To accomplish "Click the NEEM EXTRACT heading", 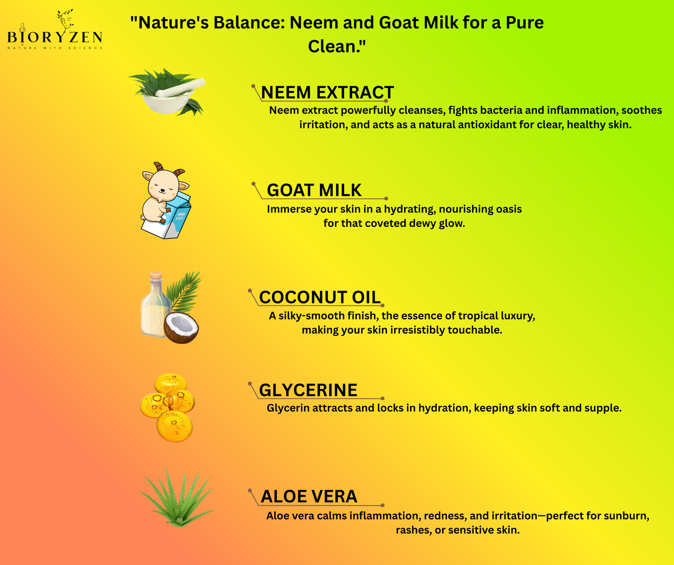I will point(327,92).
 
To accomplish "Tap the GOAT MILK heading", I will point(314,190).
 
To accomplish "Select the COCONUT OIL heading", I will point(320,297).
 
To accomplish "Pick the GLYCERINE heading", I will point(308,390).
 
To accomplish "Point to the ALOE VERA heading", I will point(309,496).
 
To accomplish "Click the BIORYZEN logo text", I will point(55,37).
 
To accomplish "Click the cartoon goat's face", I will point(162,185).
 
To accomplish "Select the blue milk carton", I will point(178,217).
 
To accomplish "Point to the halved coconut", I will point(181,328).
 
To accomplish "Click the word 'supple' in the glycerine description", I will point(604,408).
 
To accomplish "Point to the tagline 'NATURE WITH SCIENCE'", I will point(55,48).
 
